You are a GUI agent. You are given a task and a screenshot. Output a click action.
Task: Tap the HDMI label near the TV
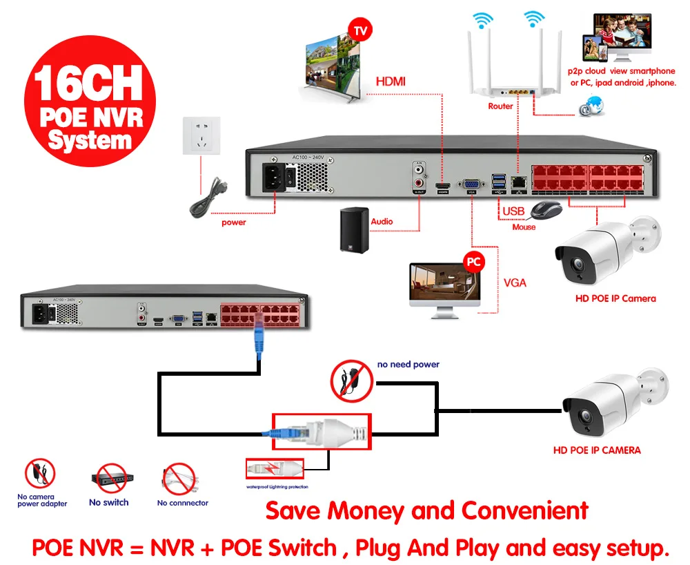(x=391, y=82)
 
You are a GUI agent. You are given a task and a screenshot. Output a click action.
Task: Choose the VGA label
(x=515, y=282)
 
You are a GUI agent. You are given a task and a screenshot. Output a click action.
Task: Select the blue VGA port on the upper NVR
(x=472, y=184)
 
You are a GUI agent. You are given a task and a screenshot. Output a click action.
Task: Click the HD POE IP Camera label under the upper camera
(x=615, y=298)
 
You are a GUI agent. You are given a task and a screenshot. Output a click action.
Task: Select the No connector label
(x=182, y=503)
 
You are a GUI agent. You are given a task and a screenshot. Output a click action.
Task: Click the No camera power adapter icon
(x=40, y=475)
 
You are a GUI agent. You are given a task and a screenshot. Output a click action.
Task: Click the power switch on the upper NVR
(x=290, y=178)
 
